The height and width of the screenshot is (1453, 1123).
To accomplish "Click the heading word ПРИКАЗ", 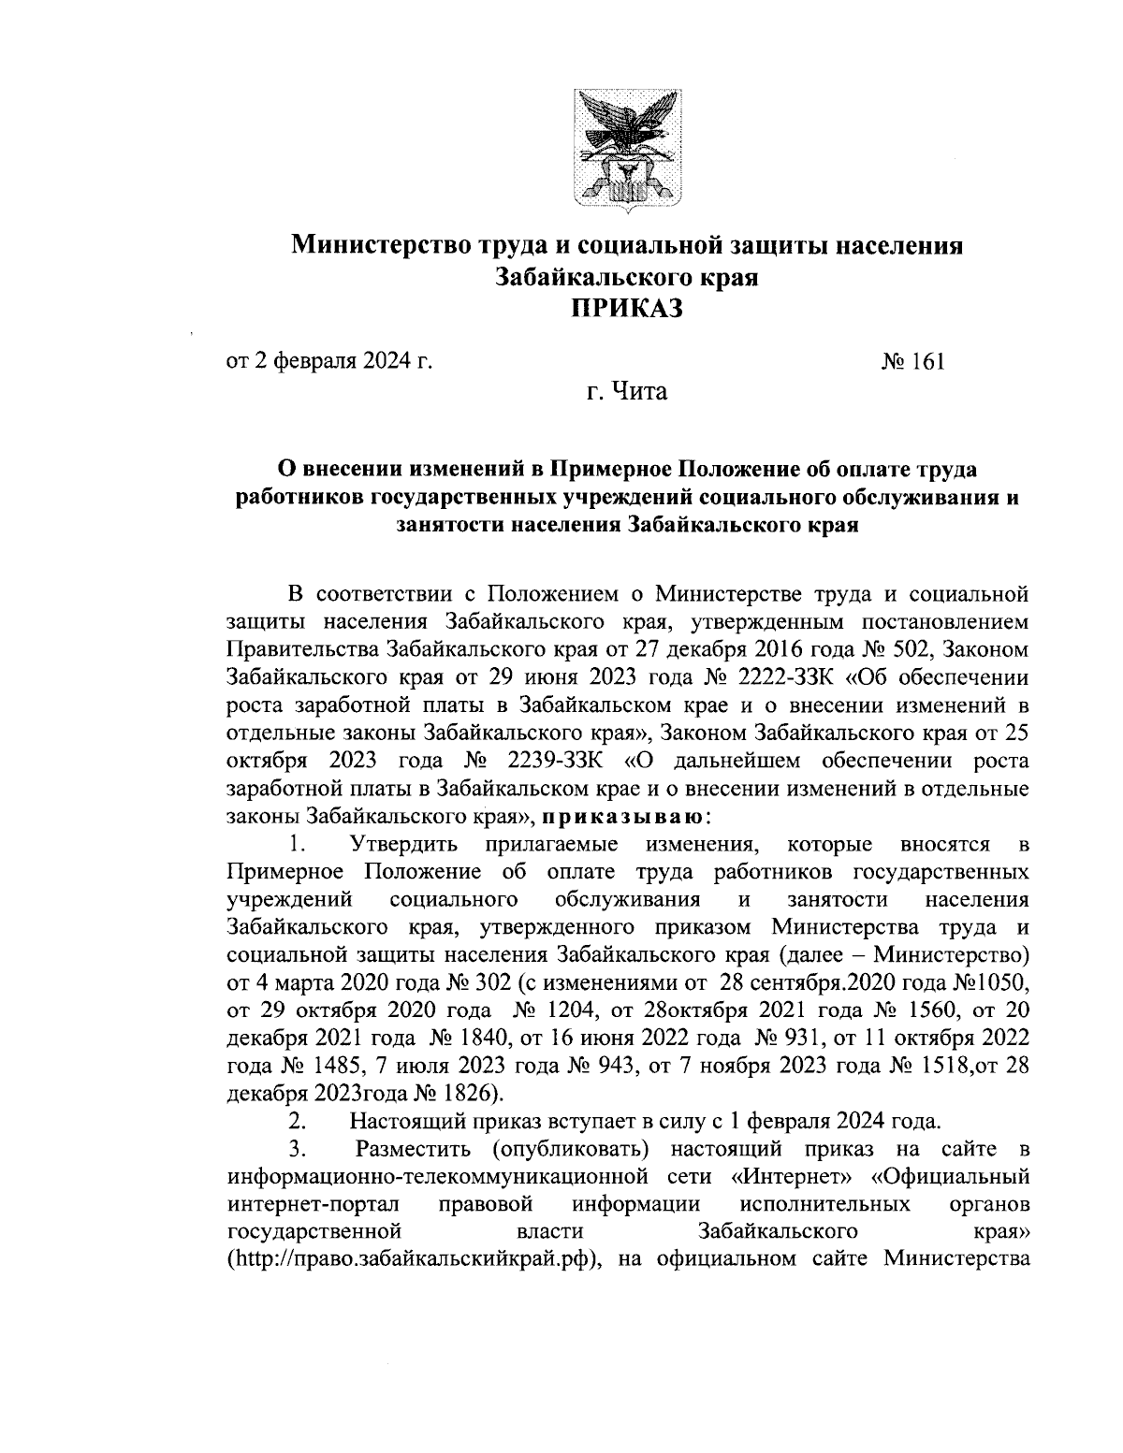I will [627, 308].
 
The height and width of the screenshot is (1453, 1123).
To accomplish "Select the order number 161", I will [927, 361].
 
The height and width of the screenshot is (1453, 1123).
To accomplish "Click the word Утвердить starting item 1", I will [404, 846].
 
